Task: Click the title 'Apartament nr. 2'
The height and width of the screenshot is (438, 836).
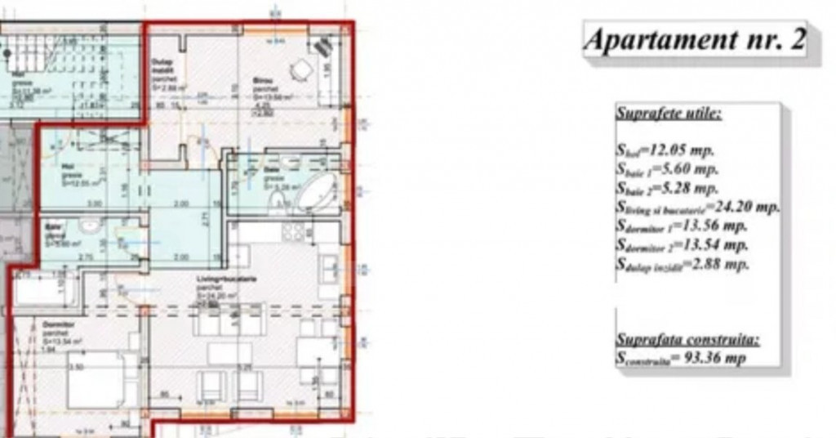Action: tap(696, 39)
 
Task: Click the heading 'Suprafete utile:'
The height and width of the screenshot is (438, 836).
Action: tap(668, 114)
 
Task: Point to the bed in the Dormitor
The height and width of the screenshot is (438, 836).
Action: tap(96, 378)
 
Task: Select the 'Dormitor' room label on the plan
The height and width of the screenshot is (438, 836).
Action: tap(54, 324)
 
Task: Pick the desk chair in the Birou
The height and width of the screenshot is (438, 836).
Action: tap(301, 70)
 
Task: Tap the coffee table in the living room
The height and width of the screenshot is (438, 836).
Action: tap(229, 353)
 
